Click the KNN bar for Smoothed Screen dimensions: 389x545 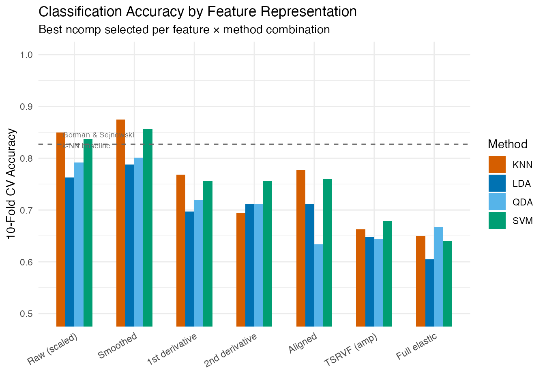(x=121, y=223)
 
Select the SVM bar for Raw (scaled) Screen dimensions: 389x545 (x=88, y=233)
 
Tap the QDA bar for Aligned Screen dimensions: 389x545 (x=319, y=285)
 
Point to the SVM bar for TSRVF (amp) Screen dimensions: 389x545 (x=388, y=274)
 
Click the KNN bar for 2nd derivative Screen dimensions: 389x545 (x=241, y=269)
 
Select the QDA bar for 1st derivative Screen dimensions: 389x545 (x=199, y=263)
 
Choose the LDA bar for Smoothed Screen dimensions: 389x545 (x=130, y=245)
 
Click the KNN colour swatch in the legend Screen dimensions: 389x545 (x=497, y=165)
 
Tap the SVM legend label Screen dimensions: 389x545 (x=522, y=221)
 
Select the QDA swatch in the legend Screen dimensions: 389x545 (x=497, y=202)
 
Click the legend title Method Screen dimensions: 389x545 (x=507, y=144)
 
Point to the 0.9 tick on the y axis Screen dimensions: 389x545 (x=27, y=107)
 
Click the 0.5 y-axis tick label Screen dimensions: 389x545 (x=27, y=314)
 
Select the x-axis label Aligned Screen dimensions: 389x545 (x=303, y=343)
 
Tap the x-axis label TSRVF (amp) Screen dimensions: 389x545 (x=351, y=350)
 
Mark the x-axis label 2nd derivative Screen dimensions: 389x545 (x=230, y=350)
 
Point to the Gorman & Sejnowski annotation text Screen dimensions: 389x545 (x=99, y=135)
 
